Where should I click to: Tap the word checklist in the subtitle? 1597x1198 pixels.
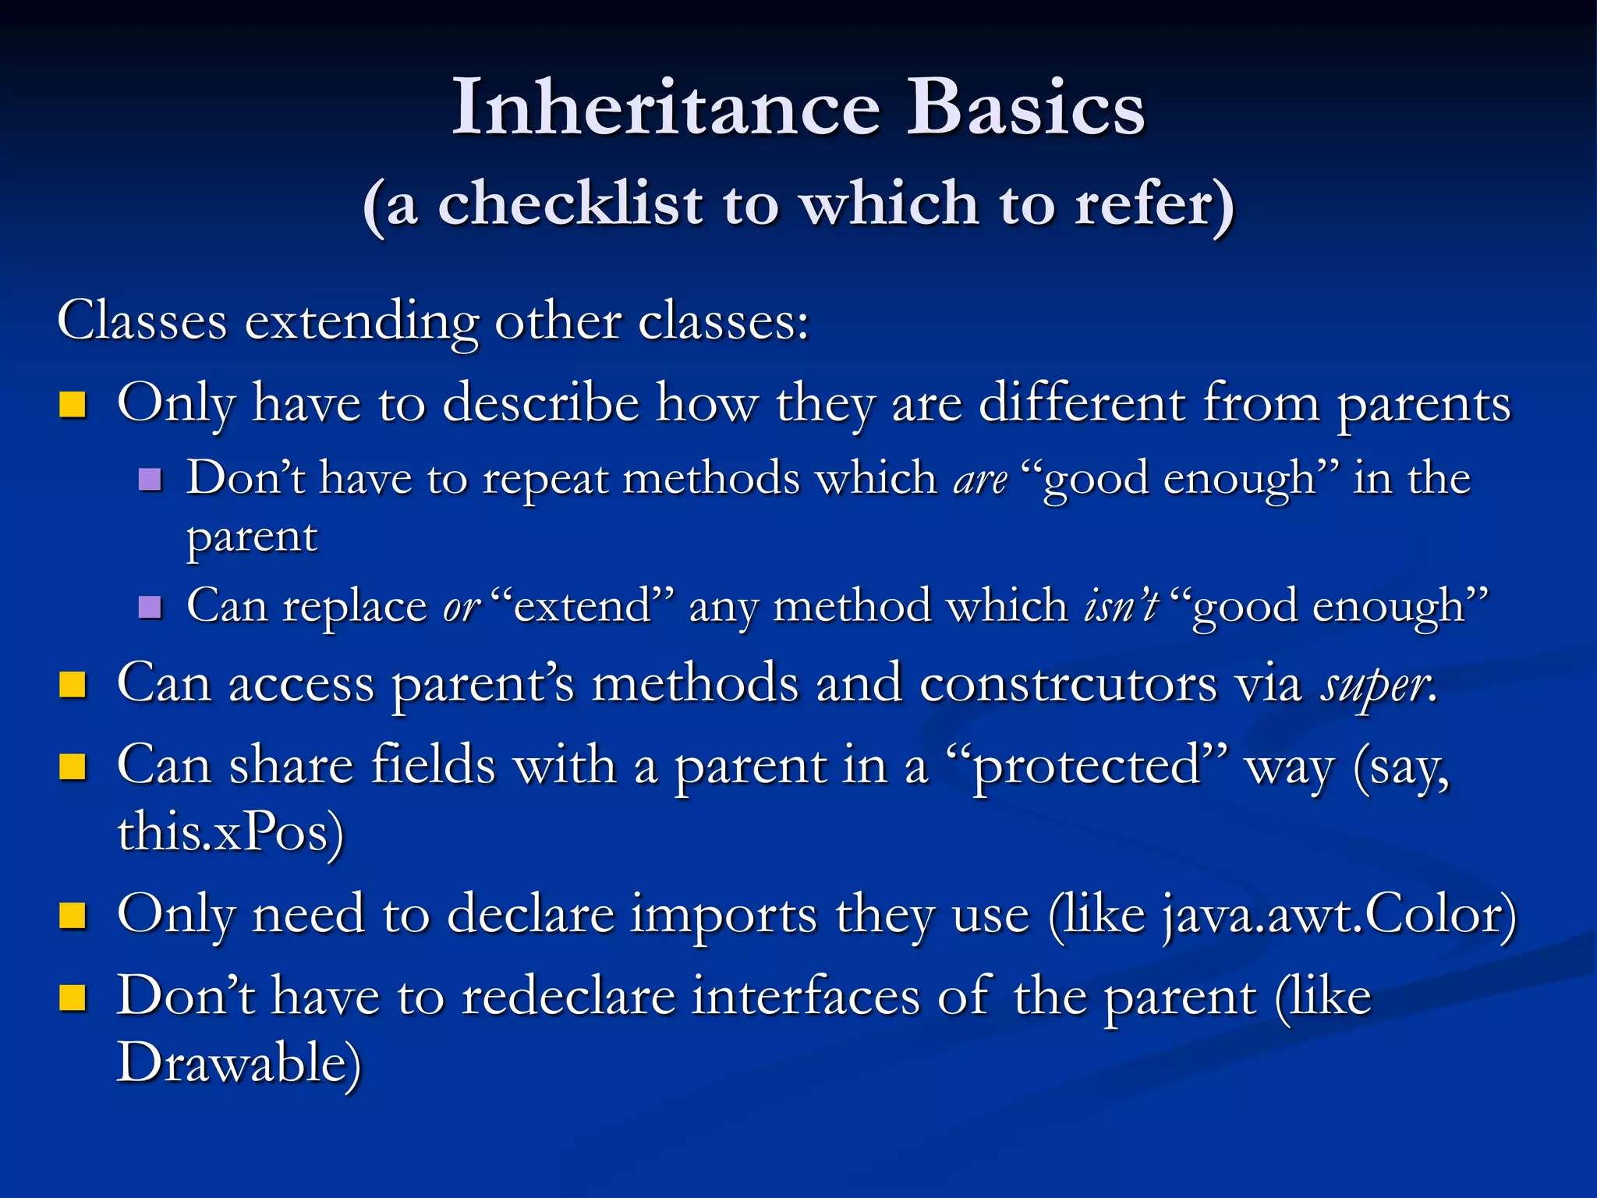point(571,204)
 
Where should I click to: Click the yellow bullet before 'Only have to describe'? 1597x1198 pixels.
point(73,404)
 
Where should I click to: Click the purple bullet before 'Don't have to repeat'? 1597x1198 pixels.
point(150,478)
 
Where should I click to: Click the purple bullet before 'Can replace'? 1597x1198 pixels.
point(150,606)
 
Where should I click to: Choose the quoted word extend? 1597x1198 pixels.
point(583,606)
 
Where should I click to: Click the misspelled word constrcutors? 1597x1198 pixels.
point(1068,684)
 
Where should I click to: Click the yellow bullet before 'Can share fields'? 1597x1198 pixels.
point(73,767)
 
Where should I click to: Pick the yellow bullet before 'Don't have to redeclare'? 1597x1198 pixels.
point(73,997)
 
